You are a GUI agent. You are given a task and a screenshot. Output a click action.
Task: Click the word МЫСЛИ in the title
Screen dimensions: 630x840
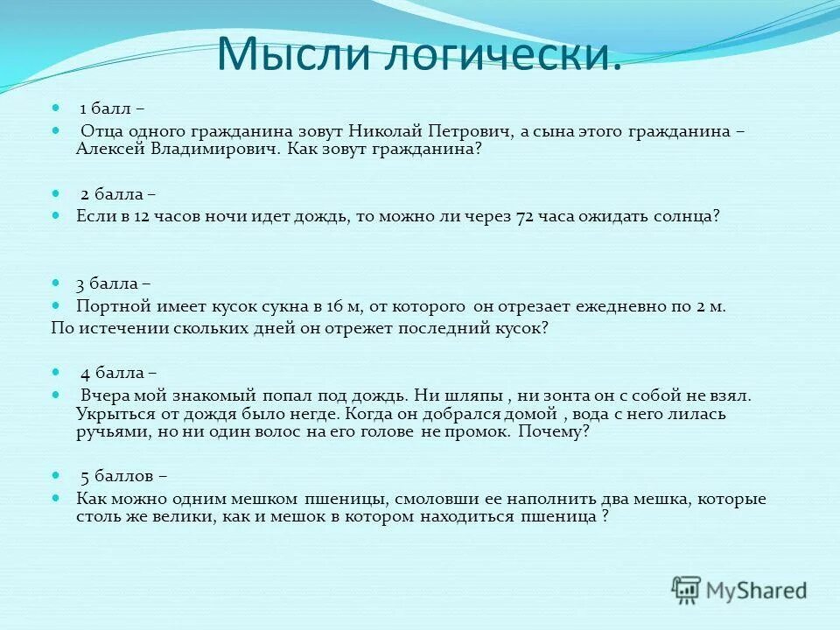pos(288,54)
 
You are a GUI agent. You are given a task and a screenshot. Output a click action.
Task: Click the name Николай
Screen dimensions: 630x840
pos(387,131)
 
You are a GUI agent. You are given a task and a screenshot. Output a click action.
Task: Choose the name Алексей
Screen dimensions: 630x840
pos(110,149)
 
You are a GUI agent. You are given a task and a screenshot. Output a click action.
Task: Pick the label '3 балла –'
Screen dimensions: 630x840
pos(112,283)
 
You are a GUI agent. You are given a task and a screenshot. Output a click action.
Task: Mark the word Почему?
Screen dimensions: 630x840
pos(554,431)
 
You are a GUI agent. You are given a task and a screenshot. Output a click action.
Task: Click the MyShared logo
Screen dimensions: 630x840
pos(738,591)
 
